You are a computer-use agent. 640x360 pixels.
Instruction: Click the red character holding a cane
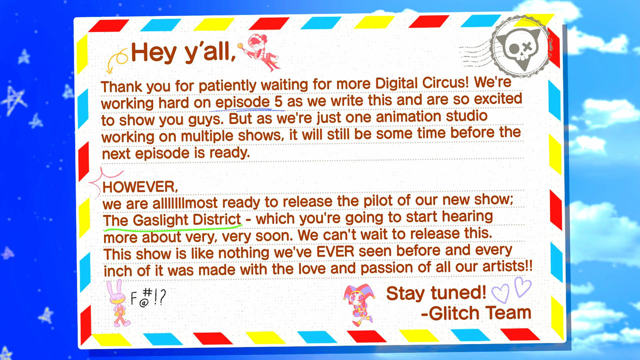point(260,52)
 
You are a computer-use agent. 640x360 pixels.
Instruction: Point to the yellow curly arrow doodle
point(117,60)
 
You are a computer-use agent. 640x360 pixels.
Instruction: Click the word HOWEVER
point(140,187)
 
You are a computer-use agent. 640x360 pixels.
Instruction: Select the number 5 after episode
point(278,101)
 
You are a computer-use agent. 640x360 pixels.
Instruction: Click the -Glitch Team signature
point(476,313)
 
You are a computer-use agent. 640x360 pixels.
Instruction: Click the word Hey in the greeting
point(153,52)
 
